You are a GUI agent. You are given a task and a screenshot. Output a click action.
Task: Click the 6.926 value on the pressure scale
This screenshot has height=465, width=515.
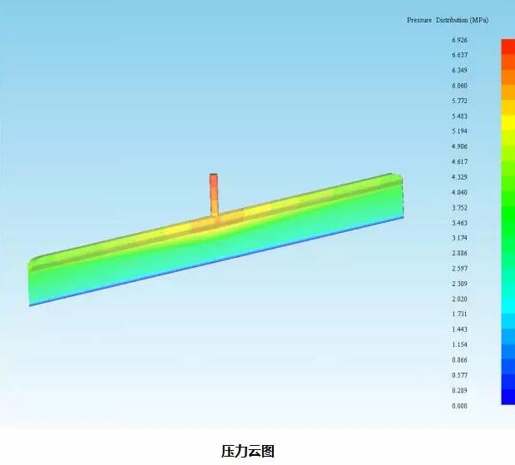pos(459,40)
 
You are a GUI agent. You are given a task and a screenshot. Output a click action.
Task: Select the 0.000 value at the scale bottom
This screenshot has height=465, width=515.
pos(459,406)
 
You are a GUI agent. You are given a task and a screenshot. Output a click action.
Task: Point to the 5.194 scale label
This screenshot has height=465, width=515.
pos(459,131)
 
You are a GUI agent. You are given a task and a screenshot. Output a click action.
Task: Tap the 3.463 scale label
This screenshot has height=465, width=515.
pos(459,223)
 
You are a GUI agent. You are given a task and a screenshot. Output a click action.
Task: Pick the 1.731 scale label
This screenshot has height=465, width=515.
pos(459,314)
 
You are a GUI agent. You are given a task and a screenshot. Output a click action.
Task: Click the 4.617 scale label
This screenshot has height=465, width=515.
pos(459,161)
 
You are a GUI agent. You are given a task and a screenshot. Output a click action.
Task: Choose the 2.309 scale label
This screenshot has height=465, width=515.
pos(459,284)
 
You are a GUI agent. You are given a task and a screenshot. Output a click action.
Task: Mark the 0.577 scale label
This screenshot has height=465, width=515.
pos(459,375)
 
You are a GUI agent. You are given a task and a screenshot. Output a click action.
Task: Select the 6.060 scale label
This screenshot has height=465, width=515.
pos(459,86)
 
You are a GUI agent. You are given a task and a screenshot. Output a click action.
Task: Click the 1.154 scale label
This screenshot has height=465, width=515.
pos(459,345)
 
